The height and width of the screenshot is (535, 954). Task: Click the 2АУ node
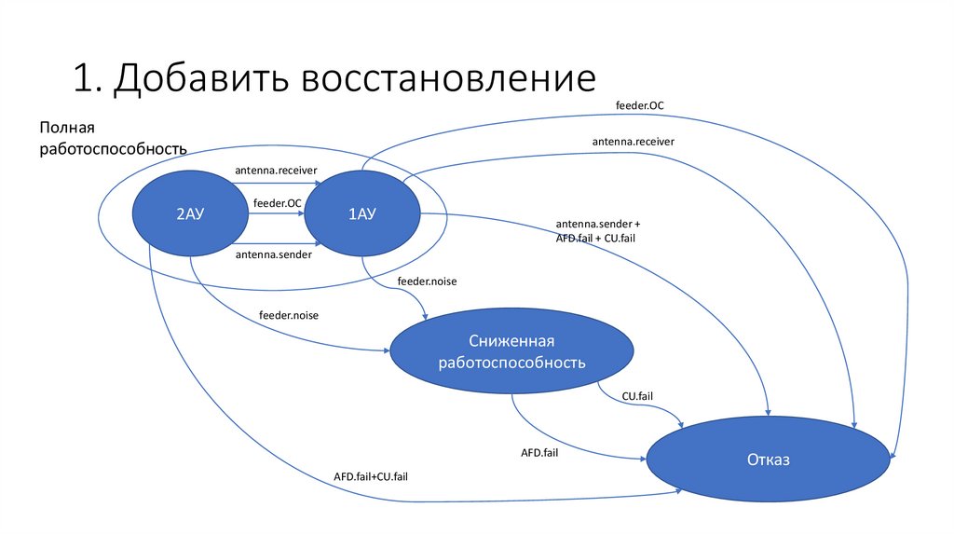click(x=190, y=213)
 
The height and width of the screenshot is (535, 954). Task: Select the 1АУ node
click(x=362, y=213)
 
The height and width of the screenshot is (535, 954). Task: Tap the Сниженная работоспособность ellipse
click(x=511, y=350)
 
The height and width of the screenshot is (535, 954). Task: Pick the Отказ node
click(x=768, y=459)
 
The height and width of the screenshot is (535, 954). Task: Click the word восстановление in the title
click(x=448, y=77)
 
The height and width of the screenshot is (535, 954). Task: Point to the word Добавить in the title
click(x=201, y=78)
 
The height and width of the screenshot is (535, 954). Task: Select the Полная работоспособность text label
click(x=113, y=138)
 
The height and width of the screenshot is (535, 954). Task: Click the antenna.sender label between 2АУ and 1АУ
click(x=274, y=254)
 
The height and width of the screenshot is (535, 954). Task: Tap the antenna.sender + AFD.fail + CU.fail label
click(x=598, y=231)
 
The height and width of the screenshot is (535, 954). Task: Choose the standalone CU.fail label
click(x=637, y=396)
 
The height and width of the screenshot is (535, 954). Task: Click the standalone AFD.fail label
click(x=539, y=453)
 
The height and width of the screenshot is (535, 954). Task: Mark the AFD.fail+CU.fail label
click(x=371, y=476)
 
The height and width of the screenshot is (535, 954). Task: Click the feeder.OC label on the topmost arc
click(x=639, y=105)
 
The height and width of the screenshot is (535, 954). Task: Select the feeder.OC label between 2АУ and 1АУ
click(x=278, y=203)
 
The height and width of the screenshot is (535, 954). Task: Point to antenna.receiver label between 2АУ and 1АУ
click(x=276, y=171)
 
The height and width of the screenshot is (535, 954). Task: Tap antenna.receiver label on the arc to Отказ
click(x=634, y=142)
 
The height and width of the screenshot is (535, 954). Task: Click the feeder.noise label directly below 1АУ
click(x=427, y=281)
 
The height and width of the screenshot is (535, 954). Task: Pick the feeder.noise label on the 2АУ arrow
click(x=289, y=315)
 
